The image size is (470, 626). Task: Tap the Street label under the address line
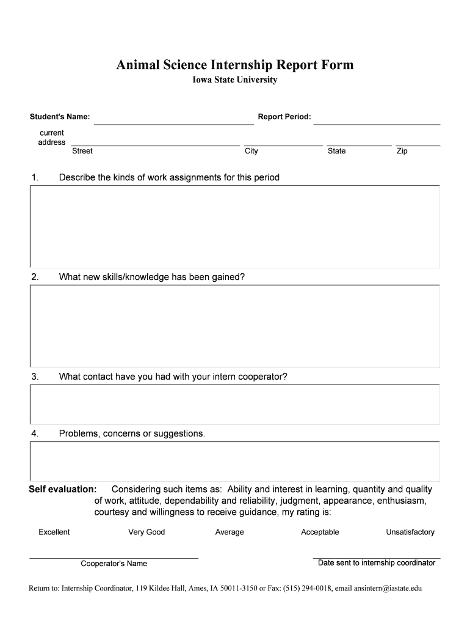point(82,151)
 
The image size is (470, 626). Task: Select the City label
point(251,151)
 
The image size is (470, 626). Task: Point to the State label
point(336,151)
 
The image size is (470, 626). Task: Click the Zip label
point(402,151)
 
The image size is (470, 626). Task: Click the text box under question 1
point(235,226)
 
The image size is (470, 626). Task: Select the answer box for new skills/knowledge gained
point(235,326)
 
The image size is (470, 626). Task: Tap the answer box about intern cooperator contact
point(235,404)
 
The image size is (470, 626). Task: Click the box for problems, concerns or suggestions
point(235,461)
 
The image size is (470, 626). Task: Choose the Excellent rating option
point(54,532)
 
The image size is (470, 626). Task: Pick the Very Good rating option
point(146,532)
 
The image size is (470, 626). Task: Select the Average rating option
point(230,532)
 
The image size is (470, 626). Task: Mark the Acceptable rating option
point(320,532)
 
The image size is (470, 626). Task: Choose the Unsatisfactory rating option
point(410,532)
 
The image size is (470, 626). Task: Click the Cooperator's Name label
point(114,564)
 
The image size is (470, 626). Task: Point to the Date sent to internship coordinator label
point(377,562)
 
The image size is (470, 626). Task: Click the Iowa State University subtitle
point(235,80)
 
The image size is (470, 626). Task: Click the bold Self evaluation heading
point(63,489)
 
